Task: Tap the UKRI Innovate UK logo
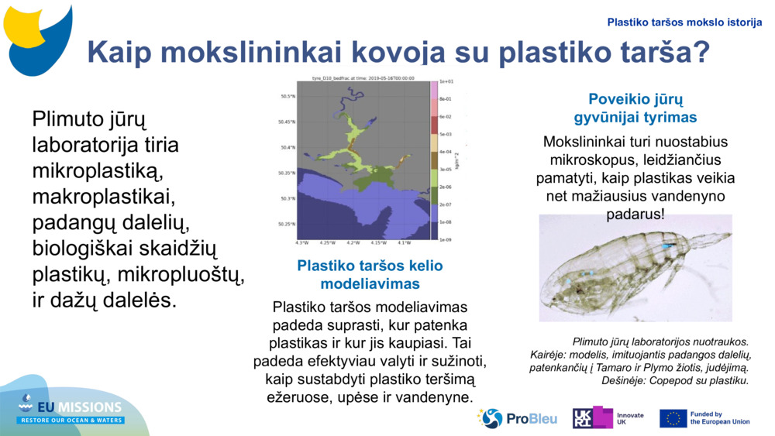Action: coord(608,418)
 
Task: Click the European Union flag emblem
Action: coord(673,418)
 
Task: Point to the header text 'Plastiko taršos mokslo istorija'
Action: coord(684,22)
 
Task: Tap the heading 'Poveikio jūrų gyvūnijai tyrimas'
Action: coord(635,108)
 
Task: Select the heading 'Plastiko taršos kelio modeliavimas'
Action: coord(370,274)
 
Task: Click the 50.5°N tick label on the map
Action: coord(288,96)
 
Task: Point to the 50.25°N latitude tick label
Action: coord(287,225)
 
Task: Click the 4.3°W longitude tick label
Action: coord(301,242)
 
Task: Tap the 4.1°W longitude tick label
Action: coord(404,242)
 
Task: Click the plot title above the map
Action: coord(363,77)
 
